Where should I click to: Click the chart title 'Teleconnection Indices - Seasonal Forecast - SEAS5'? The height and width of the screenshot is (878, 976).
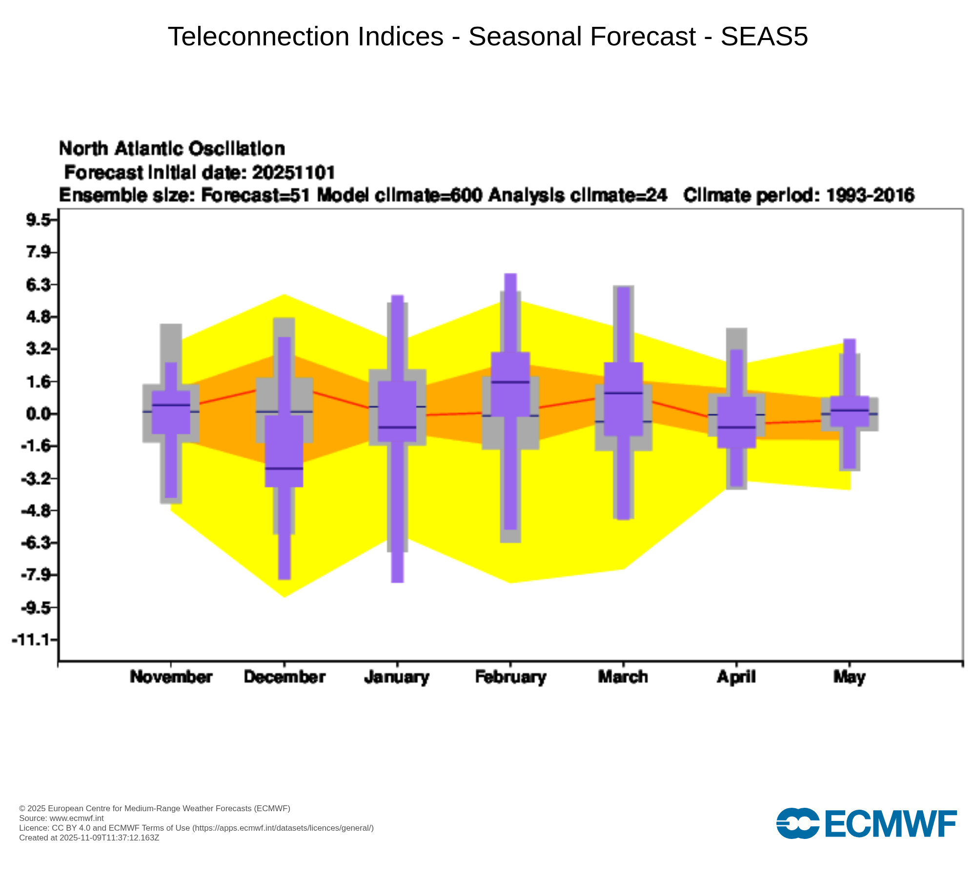[488, 37]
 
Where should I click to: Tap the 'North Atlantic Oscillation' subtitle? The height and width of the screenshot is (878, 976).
[172, 148]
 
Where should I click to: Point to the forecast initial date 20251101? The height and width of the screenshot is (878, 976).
[294, 173]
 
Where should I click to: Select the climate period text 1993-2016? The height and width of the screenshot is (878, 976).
[870, 195]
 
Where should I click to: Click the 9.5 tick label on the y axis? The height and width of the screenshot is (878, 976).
[38, 220]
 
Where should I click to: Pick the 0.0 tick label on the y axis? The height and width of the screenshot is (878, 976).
[38, 414]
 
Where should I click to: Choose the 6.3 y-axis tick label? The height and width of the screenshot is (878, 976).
[38, 285]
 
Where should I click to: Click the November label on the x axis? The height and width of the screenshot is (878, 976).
[171, 677]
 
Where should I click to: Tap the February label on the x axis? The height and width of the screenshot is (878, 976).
[510, 677]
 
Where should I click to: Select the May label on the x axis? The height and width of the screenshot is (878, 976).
[849, 677]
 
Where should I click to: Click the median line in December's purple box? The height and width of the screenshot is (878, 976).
[284, 468]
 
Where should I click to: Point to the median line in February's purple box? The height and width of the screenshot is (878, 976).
[510, 382]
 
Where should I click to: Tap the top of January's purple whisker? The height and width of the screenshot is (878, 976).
[398, 296]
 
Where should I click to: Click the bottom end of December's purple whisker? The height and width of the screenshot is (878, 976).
[285, 579]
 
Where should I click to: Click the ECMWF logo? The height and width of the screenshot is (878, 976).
[866, 824]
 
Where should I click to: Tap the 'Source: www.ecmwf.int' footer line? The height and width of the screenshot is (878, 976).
[61, 818]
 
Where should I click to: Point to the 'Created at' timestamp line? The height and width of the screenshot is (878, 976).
[89, 838]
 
